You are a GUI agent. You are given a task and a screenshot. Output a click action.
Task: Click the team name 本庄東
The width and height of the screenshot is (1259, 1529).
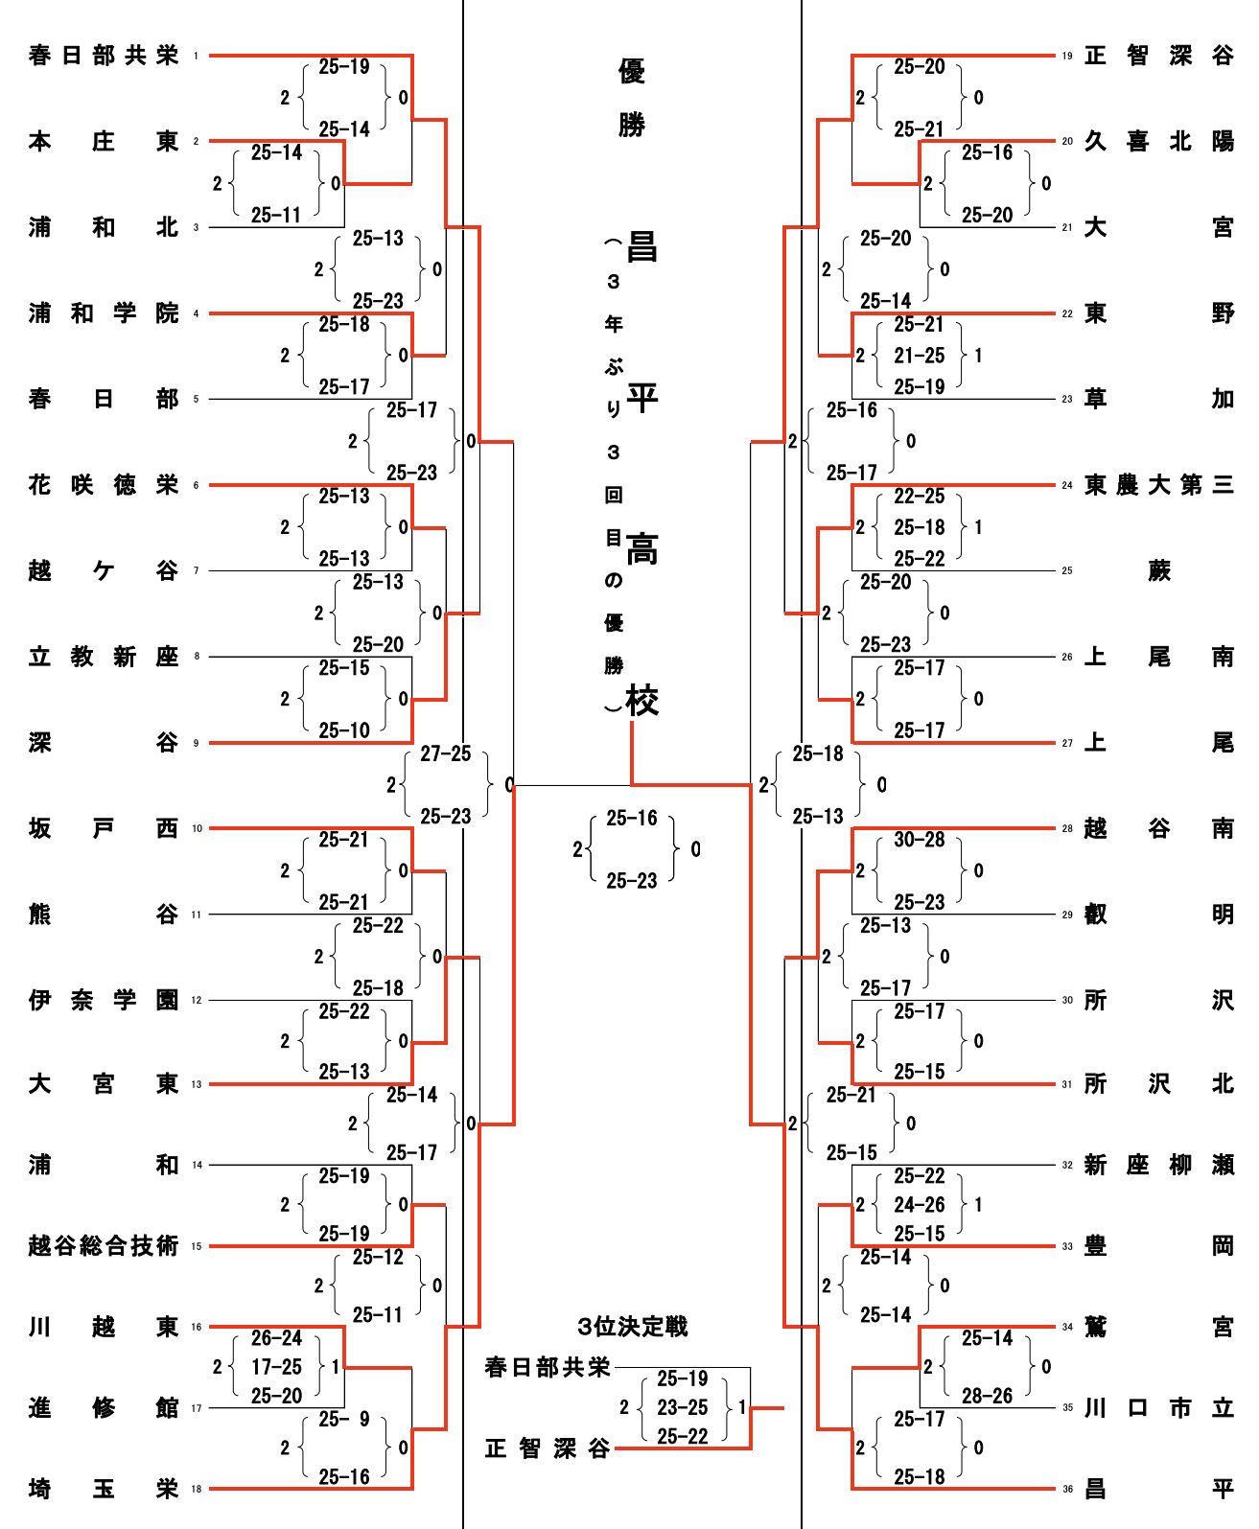pyautogui.click(x=104, y=142)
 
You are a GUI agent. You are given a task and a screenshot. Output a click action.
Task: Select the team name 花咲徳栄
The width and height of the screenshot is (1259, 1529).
pyautogui.click(x=104, y=485)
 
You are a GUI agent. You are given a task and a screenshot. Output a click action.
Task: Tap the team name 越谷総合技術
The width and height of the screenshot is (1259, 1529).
pyautogui.click(x=104, y=1246)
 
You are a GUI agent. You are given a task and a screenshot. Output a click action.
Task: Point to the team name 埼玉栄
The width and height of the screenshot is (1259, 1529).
pyautogui.click(x=104, y=1489)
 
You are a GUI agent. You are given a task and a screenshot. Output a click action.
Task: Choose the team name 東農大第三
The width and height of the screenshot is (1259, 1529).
pyautogui.click(x=1159, y=485)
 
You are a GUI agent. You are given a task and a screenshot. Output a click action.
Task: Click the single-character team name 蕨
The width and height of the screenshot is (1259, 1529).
pyautogui.click(x=1159, y=571)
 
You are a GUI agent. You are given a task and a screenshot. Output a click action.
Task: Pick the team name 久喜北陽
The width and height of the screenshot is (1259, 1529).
pyautogui.click(x=1159, y=142)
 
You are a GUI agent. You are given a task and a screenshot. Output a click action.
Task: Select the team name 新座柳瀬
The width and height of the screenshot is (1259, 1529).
pyautogui.click(x=1159, y=1166)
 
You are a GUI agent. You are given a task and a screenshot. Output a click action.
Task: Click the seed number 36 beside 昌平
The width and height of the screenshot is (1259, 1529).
pyautogui.click(x=1067, y=1490)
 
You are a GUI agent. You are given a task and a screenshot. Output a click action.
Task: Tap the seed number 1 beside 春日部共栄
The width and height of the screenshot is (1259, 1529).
pyautogui.click(x=196, y=57)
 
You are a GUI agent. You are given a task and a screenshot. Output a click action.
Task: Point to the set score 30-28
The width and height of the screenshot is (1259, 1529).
pyautogui.click(x=919, y=840)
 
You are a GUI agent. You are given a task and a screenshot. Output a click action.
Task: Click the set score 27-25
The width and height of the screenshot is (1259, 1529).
pyautogui.click(x=446, y=754)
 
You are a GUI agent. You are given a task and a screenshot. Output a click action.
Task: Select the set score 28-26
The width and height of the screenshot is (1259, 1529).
pyautogui.click(x=987, y=1396)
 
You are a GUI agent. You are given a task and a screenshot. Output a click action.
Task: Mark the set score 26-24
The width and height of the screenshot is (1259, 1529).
pyautogui.click(x=276, y=1338)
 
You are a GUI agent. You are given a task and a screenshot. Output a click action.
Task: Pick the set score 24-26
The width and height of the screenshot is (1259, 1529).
pyautogui.click(x=919, y=1205)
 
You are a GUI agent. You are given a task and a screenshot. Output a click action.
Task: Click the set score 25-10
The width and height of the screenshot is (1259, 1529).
pyautogui.click(x=344, y=730)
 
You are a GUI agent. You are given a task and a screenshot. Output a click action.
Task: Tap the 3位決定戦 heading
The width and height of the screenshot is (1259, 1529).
pyautogui.click(x=633, y=1327)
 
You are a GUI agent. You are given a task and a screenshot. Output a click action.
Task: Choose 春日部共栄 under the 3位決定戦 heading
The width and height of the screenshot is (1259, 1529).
pyautogui.click(x=548, y=1367)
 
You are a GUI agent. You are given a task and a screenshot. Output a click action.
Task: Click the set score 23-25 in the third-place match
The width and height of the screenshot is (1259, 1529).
pyautogui.click(x=683, y=1407)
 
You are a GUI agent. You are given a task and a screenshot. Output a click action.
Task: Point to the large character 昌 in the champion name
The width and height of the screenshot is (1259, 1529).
pyautogui.click(x=641, y=247)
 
